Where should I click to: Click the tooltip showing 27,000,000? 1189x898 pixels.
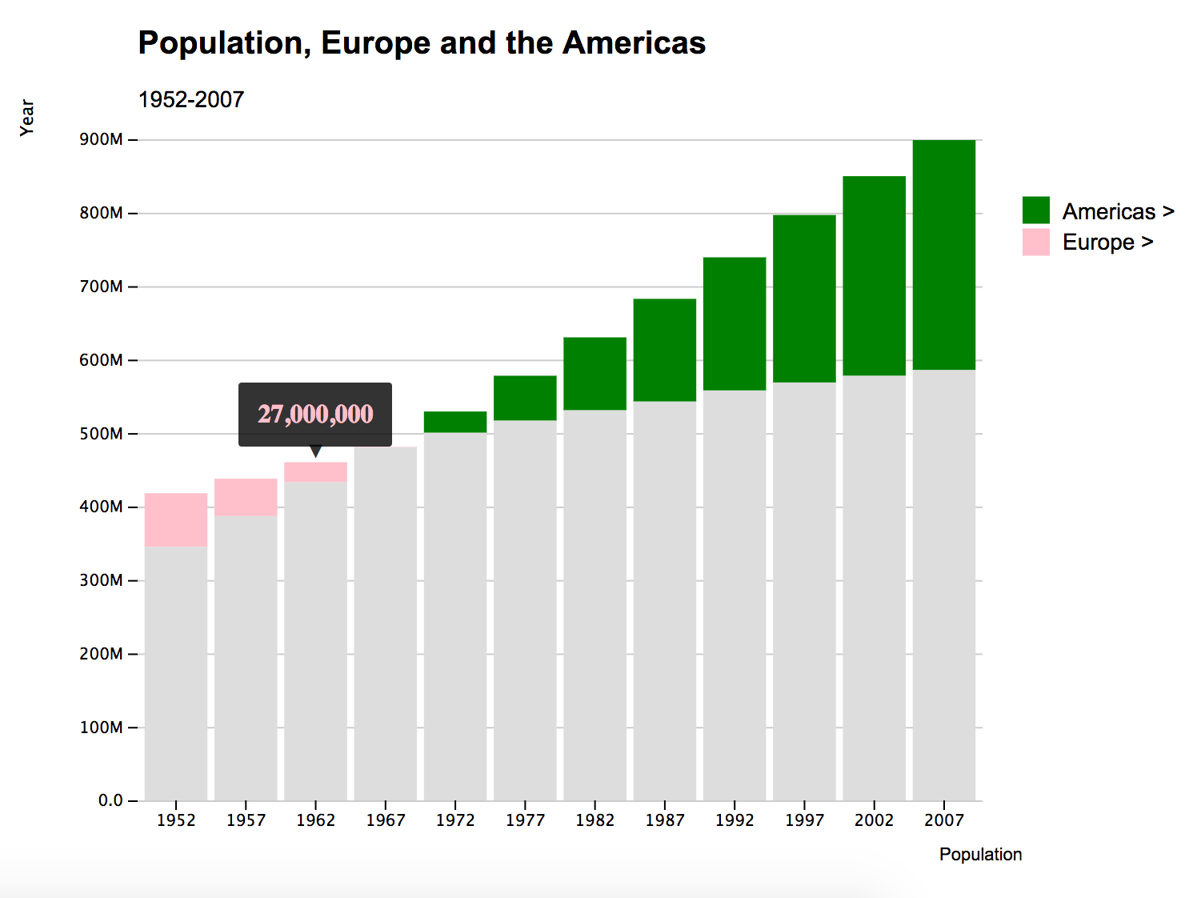tap(315, 414)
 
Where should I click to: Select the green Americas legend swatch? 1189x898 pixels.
tap(1035, 210)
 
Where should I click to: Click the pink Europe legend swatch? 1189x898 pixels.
tap(1035, 242)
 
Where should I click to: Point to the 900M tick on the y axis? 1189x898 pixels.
tap(102, 139)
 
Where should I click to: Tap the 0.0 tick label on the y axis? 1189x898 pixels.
tap(111, 800)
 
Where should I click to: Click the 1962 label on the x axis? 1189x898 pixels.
tap(315, 820)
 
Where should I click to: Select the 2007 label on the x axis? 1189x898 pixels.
tap(943, 820)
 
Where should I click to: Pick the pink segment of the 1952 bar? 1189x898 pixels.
tap(176, 520)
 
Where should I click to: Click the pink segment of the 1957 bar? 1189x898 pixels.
tap(246, 497)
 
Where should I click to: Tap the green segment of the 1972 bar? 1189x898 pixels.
tap(455, 422)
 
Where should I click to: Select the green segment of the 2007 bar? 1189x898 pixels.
tap(943, 255)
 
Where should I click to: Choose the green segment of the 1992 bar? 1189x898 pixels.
tap(735, 323)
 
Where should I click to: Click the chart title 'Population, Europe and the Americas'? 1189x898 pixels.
tap(422, 43)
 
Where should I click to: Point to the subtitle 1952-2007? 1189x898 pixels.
tap(191, 99)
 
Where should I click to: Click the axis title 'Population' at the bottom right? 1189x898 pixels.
tap(980, 854)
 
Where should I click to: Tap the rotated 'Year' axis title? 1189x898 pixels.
tap(27, 118)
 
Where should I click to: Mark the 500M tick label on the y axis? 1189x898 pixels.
tap(102, 434)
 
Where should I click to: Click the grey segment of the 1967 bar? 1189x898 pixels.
tap(386, 623)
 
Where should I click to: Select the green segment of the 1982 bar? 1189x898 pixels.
tap(594, 374)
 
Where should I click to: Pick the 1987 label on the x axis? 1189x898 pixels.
tap(664, 820)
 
